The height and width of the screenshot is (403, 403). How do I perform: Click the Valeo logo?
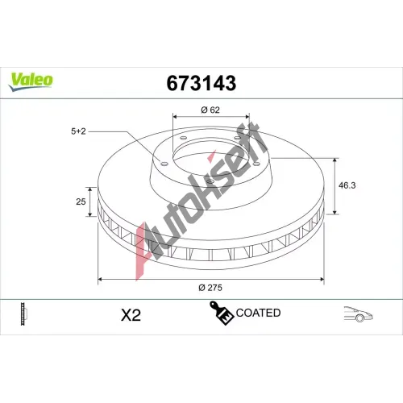[31, 81]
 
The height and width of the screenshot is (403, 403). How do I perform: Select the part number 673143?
[201, 83]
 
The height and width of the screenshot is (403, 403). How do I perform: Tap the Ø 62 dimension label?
[210, 110]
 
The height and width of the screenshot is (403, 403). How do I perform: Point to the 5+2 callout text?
[78, 131]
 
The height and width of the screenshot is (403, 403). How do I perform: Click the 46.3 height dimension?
[347, 185]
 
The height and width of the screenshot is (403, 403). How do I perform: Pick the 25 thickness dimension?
[81, 201]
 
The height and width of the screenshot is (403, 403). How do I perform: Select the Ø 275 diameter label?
[210, 288]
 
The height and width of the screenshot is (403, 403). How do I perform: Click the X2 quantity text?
[131, 315]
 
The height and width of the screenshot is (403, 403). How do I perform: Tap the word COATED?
[258, 313]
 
